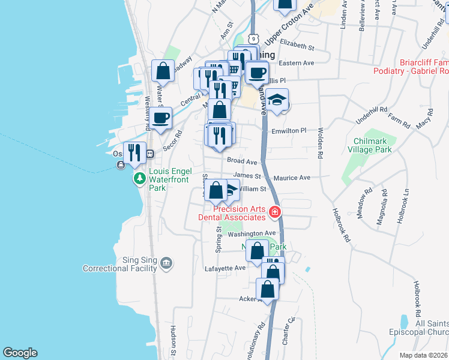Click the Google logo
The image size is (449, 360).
point(20,353)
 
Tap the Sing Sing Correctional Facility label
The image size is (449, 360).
point(121,264)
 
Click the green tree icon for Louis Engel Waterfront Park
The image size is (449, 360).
point(139,178)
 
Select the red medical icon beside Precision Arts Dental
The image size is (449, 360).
point(275,211)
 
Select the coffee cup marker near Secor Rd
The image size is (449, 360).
point(161,118)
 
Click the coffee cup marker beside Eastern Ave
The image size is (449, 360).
point(257,73)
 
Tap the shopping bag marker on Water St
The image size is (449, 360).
point(163,71)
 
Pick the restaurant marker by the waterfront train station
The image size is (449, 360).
point(134,152)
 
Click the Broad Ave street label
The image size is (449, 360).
point(242,161)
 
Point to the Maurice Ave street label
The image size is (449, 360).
point(292,178)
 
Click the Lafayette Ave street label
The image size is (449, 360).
point(225,268)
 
